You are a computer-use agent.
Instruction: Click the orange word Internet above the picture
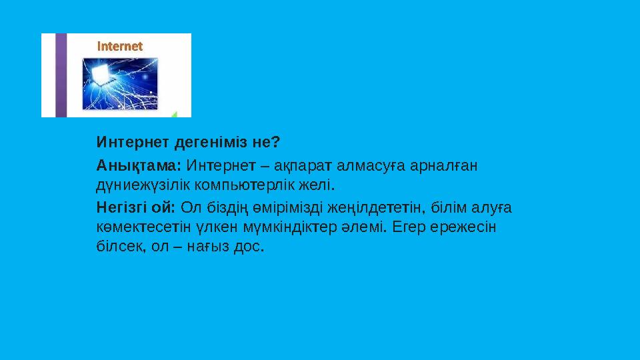[121, 47]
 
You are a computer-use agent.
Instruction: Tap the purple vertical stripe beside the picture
[61, 75]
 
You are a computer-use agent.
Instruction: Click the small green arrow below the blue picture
[174, 114]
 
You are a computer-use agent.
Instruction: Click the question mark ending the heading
[276, 143]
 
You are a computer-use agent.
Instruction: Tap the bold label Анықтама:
[139, 164]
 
